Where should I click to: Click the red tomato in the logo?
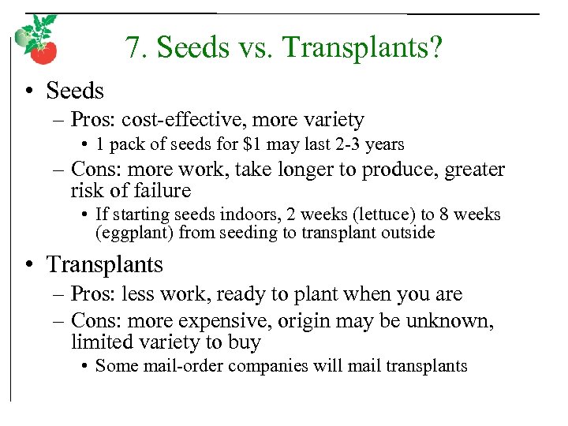43,51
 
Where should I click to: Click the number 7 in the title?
131,48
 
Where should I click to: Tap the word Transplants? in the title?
363,48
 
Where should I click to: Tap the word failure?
164,191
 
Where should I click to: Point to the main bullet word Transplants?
105,264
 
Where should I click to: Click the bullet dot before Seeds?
28,92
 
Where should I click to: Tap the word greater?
471,170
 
